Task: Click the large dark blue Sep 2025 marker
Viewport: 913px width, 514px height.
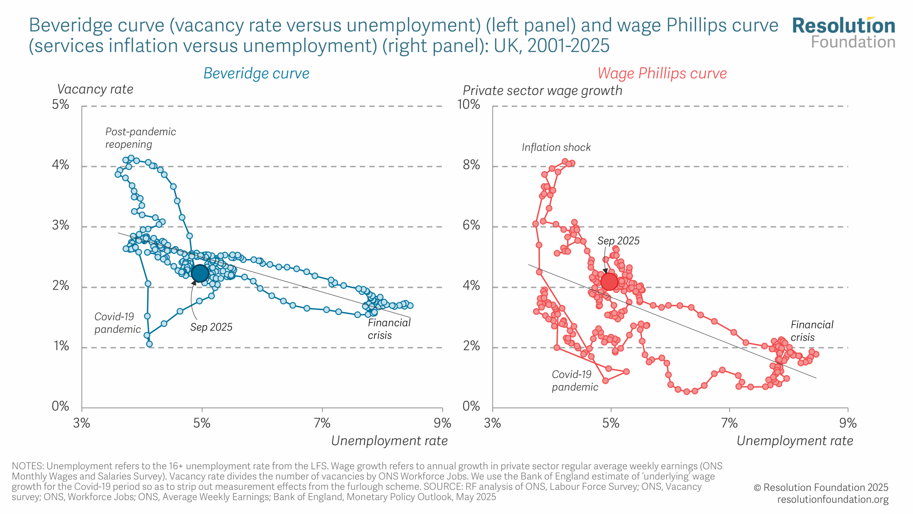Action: (x=200, y=273)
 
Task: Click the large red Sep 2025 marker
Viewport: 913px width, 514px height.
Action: (x=609, y=281)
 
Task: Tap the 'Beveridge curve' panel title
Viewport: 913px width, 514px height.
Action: (x=256, y=74)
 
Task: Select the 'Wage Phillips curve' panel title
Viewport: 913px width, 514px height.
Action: (x=662, y=74)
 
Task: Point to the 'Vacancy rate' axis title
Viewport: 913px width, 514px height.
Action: (x=95, y=89)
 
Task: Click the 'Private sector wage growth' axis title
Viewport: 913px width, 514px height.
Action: (x=542, y=91)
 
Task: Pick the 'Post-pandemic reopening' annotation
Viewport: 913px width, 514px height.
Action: (x=140, y=138)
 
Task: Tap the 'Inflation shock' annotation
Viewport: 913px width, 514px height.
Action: (x=556, y=147)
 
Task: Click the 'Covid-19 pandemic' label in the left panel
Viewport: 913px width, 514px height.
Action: (x=117, y=323)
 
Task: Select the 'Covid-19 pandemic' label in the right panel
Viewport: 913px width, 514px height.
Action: (x=575, y=381)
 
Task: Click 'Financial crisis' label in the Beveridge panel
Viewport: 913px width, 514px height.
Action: (x=389, y=329)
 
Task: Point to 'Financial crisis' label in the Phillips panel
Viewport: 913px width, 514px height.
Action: (x=812, y=331)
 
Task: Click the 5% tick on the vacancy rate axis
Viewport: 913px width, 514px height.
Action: (x=61, y=105)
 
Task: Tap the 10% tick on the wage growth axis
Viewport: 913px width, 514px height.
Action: (x=468, y=105)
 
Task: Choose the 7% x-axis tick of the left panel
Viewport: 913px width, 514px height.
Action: (x=322, y=423)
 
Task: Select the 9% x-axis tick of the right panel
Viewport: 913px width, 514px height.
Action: (x=848, y=423)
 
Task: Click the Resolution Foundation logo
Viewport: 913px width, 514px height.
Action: (x=843, y=33)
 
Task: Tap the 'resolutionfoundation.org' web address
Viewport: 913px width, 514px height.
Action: (x=833, y=499)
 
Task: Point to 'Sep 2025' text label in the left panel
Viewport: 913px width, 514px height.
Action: (x=211, y=327)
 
